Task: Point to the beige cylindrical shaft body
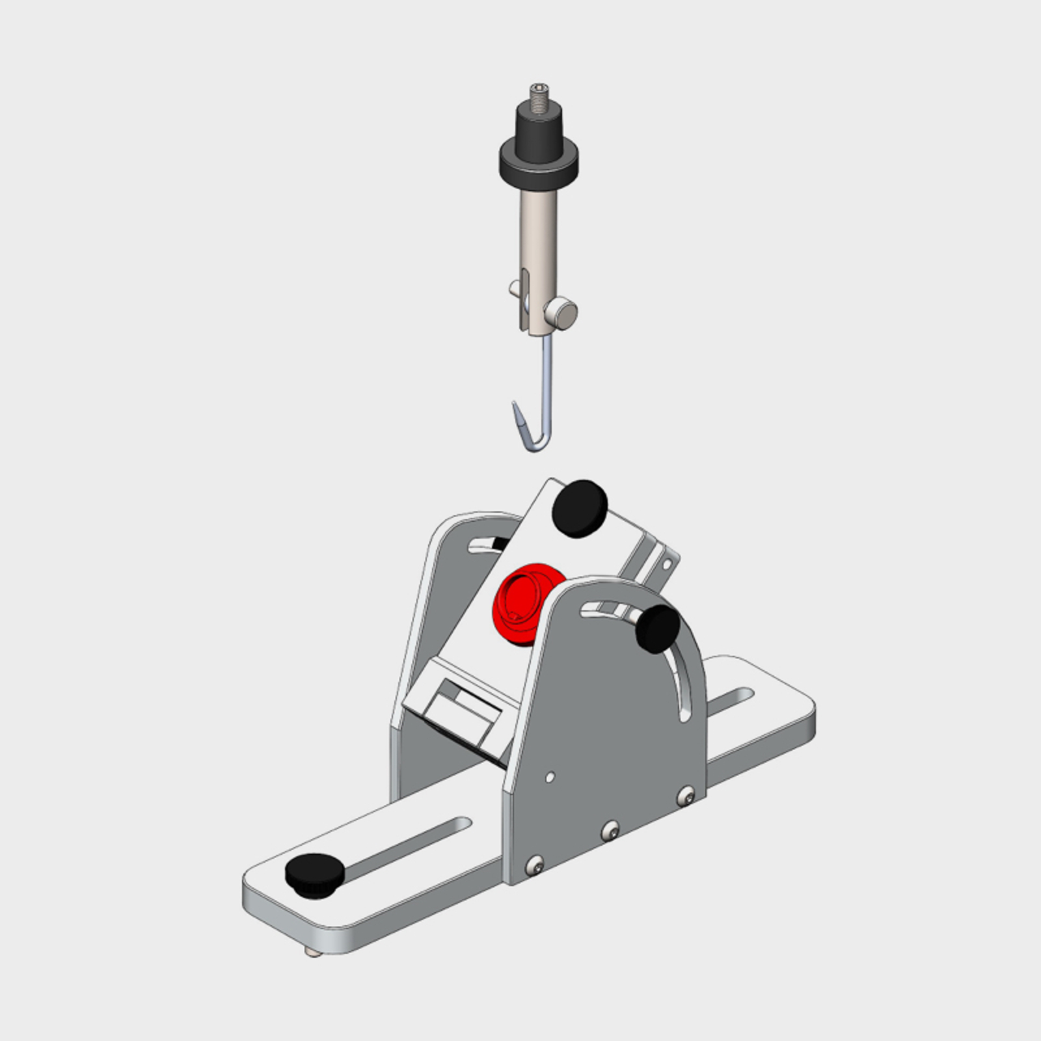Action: point(539,228)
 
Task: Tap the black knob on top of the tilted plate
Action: point(579,508)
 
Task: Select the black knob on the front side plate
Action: point(658,627)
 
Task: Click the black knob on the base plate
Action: point(314,874)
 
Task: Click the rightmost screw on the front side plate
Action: point(686,794)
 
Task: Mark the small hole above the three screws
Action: point(550,776)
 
